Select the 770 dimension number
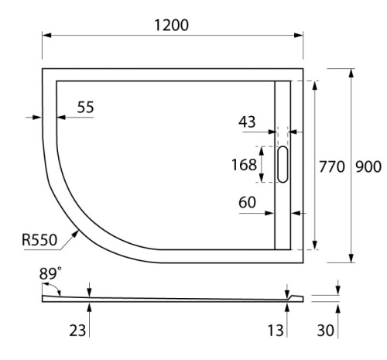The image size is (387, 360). (332, 166)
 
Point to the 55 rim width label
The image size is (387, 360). (85, 107)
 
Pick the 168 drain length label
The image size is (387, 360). (245, 164)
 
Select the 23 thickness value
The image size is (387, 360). (77, 331)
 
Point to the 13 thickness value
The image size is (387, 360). (275, 331)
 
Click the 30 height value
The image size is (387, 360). (327, 331)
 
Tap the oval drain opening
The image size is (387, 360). (283, 164)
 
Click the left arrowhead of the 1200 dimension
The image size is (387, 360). (45, 36)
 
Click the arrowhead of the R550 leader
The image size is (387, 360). (79, 231)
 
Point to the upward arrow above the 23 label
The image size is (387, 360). (90, 308)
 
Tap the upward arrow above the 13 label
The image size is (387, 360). (288, 308)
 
